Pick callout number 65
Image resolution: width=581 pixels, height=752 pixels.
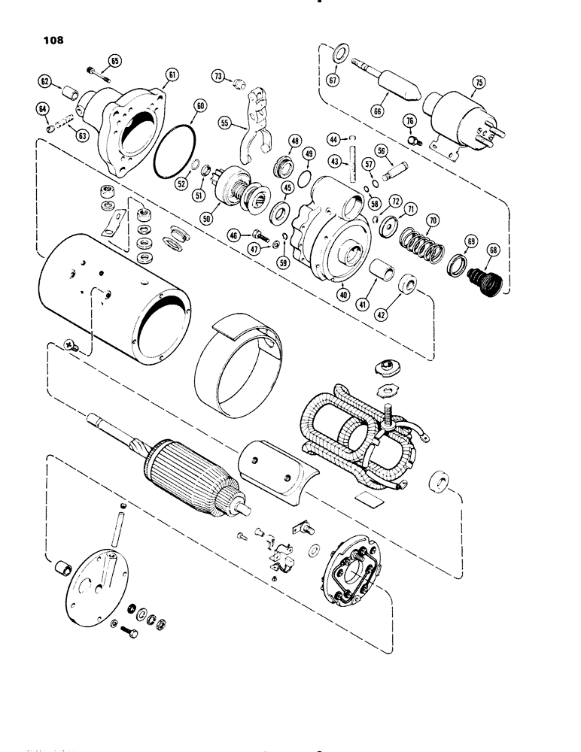115,60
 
